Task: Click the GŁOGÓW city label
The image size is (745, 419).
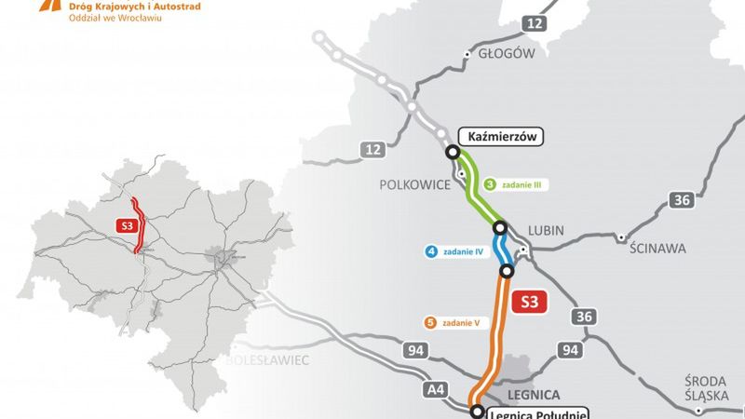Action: click(506, 53)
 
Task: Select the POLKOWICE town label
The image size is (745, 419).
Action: click(413, 184)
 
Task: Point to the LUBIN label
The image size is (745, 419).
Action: click(546, 229)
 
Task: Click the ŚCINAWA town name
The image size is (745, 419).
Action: click(657, 249)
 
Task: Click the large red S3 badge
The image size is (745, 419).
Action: click(529, 302)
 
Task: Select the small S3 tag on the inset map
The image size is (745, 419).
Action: click(125, 225)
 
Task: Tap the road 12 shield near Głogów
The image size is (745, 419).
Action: click(535, 22)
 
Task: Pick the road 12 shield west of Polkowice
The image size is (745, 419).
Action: click(373, 149)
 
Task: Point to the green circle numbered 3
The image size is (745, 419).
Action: click(489, 184)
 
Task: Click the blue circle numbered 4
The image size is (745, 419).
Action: click(431, 250)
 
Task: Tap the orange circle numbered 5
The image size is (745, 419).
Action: click(430, 323)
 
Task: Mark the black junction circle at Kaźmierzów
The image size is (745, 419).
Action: click(453, 152)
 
